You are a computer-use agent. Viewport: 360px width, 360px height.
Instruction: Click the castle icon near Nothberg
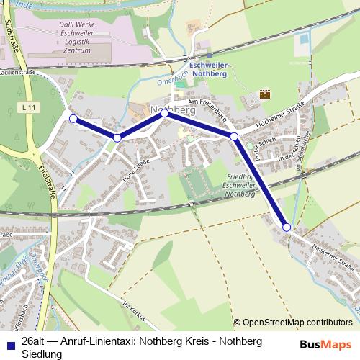coord(264,94)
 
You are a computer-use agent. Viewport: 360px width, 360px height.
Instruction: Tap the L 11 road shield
coord(29,107)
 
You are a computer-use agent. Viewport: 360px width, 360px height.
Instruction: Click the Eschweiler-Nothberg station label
coord(209,68)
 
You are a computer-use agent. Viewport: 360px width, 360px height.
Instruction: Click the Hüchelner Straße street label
coord(276,118)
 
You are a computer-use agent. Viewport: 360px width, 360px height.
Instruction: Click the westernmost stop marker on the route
coord(73,118)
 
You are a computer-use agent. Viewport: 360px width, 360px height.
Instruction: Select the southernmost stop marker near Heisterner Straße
coord(287,228)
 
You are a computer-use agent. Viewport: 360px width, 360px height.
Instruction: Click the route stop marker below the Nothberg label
coord(164,114)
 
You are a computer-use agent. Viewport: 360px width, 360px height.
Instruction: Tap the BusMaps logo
coord(327,344)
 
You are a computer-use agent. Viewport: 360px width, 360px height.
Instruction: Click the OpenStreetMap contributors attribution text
coord(297,323)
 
